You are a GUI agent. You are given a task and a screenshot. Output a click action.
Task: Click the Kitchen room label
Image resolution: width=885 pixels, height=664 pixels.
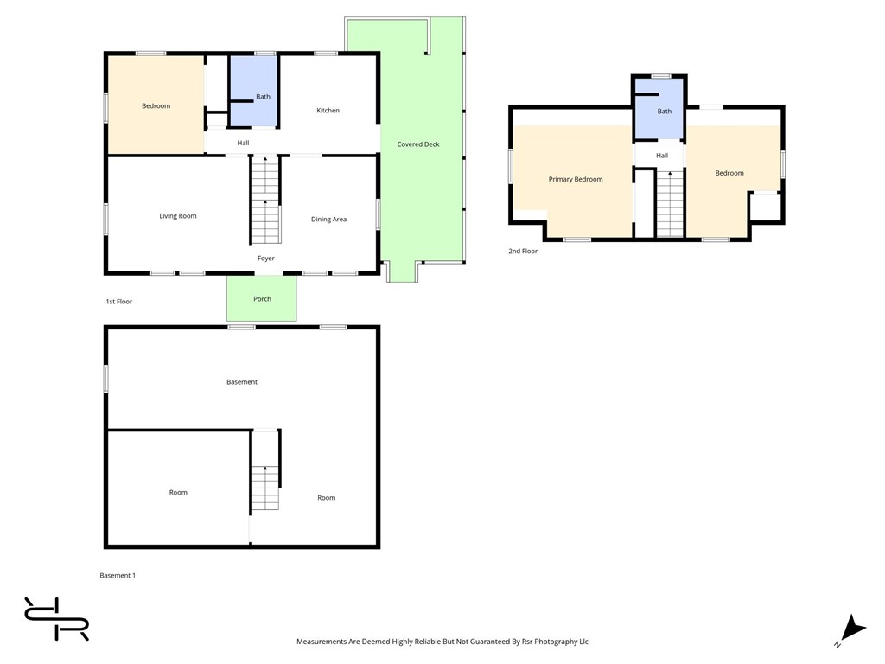click(x=328, y=110)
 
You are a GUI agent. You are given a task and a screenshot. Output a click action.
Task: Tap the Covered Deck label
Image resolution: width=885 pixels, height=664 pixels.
click(x=417, y=144)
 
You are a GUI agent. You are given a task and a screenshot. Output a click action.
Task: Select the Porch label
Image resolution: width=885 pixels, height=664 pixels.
click(x=262, y=298)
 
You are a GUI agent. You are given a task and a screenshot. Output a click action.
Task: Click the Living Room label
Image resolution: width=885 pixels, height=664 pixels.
click(x=178, y=215)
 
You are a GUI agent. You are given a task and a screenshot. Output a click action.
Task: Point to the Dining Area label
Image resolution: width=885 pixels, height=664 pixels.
click(x=328, y=219)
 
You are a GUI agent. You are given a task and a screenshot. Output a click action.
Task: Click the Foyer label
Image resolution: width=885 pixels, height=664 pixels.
click(x=266, y=258)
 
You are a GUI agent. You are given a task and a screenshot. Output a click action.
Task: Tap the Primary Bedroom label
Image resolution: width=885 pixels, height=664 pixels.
click(x=575, y=179)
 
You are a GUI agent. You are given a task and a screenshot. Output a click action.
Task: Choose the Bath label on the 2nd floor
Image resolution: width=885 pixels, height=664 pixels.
click(x=665, y=112)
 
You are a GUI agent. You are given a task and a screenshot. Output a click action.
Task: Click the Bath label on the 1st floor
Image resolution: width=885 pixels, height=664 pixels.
click(x=263, y=97)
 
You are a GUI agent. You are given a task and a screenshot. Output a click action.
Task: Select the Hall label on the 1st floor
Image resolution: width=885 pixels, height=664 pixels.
click(x=243, y=143)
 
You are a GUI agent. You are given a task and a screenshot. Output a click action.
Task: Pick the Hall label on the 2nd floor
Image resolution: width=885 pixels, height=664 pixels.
click(x=662, y=156)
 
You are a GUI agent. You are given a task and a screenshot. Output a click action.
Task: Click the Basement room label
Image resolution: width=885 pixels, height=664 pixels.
click(x=242, y=381)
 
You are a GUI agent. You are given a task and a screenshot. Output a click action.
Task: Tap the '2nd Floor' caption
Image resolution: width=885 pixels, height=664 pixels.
click(x=523, y=251)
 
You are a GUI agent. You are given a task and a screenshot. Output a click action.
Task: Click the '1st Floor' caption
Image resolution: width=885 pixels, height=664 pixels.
click(x=118, y=301)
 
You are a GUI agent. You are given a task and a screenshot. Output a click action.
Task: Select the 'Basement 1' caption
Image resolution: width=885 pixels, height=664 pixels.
click(x=118, y=575)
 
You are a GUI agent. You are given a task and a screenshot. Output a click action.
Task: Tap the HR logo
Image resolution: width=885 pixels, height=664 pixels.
click(x=56, y=619)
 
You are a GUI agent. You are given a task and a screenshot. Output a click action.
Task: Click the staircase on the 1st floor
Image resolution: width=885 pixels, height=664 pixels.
click(x=265, y=200)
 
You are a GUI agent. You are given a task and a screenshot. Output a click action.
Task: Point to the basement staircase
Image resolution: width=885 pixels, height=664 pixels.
click(x=265, y=469)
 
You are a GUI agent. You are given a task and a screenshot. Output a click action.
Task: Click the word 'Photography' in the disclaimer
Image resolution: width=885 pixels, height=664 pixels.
click(x=555, y=642)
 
